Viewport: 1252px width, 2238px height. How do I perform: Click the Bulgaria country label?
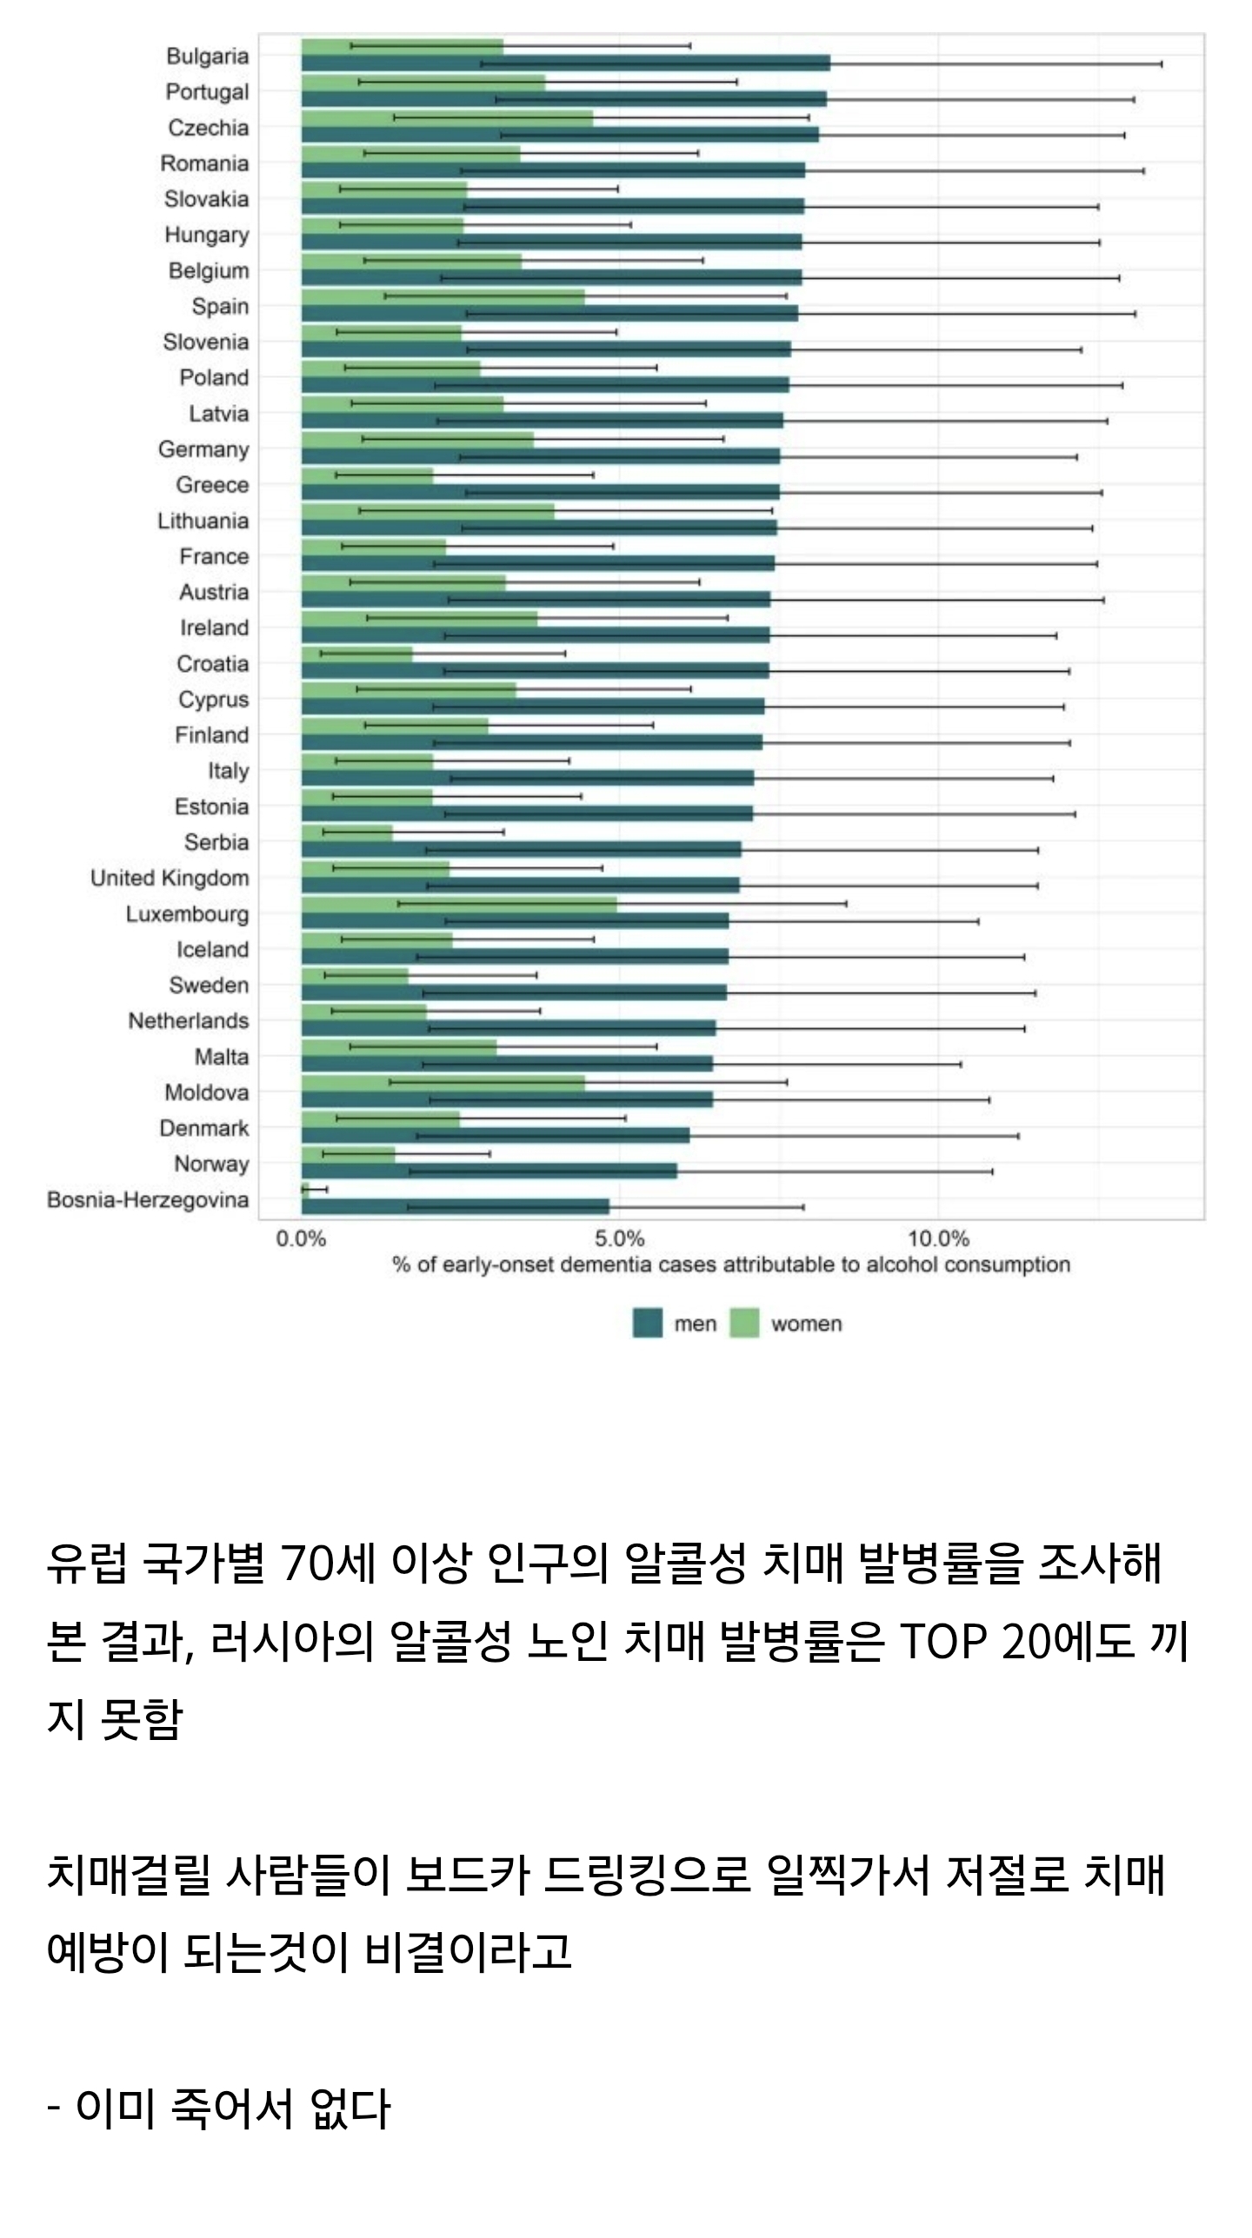(x=207, y=56)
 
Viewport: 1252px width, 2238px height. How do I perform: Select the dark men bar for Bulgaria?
(x=565, y=63)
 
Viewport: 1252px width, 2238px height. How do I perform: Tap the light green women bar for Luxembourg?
(x=459, y=904)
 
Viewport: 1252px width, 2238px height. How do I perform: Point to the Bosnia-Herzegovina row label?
(x=148, y=1200)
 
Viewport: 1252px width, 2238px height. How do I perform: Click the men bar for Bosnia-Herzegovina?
(x=455, y=1207)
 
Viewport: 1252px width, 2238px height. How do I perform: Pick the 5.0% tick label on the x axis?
(x=619, y=1239)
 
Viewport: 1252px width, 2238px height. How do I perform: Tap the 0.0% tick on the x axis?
(x=301, y=1239)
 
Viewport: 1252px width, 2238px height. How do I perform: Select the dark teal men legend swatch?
(x=647, y=1324)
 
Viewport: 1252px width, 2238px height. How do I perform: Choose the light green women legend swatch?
(x=743, y=1324)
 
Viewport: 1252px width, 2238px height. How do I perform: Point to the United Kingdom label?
(x=170, y=879)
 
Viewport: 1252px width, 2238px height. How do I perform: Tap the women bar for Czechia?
(x=447, y=117)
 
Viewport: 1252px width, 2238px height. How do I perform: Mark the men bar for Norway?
(x=489, y=1172)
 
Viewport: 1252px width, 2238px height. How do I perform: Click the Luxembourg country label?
(x=187, y=914)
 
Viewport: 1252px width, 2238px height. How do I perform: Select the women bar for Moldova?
(x=443, y=1082)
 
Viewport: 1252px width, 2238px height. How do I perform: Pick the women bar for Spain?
(x=443, y=296)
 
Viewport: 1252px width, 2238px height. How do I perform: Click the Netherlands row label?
(x=188, y=1021)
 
